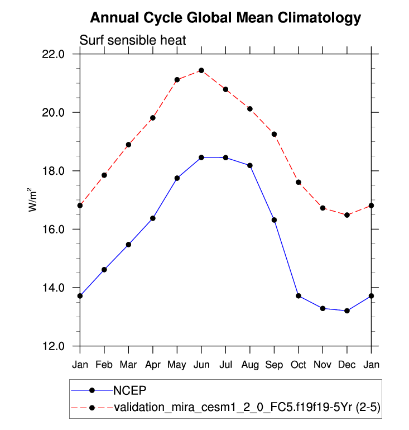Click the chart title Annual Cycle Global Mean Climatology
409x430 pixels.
coord(225,18)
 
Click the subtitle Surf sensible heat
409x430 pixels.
coord(132,40)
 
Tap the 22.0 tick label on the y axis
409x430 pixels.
coord(54,54)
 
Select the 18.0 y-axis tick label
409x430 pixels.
coord(54,171)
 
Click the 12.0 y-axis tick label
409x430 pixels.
coord(54,346)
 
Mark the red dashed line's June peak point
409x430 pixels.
coord(201,70)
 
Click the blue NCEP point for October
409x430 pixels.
coord(299,295)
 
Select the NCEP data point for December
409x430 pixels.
coord(347,310)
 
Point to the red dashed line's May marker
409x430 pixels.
coord(177,80)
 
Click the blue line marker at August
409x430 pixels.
coord(250,165)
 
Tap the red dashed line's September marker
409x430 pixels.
coord(274,134)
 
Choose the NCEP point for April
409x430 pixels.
coord(153,218)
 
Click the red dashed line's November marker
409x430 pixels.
coord(323,208)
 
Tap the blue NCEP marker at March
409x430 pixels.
coord(128,245)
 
